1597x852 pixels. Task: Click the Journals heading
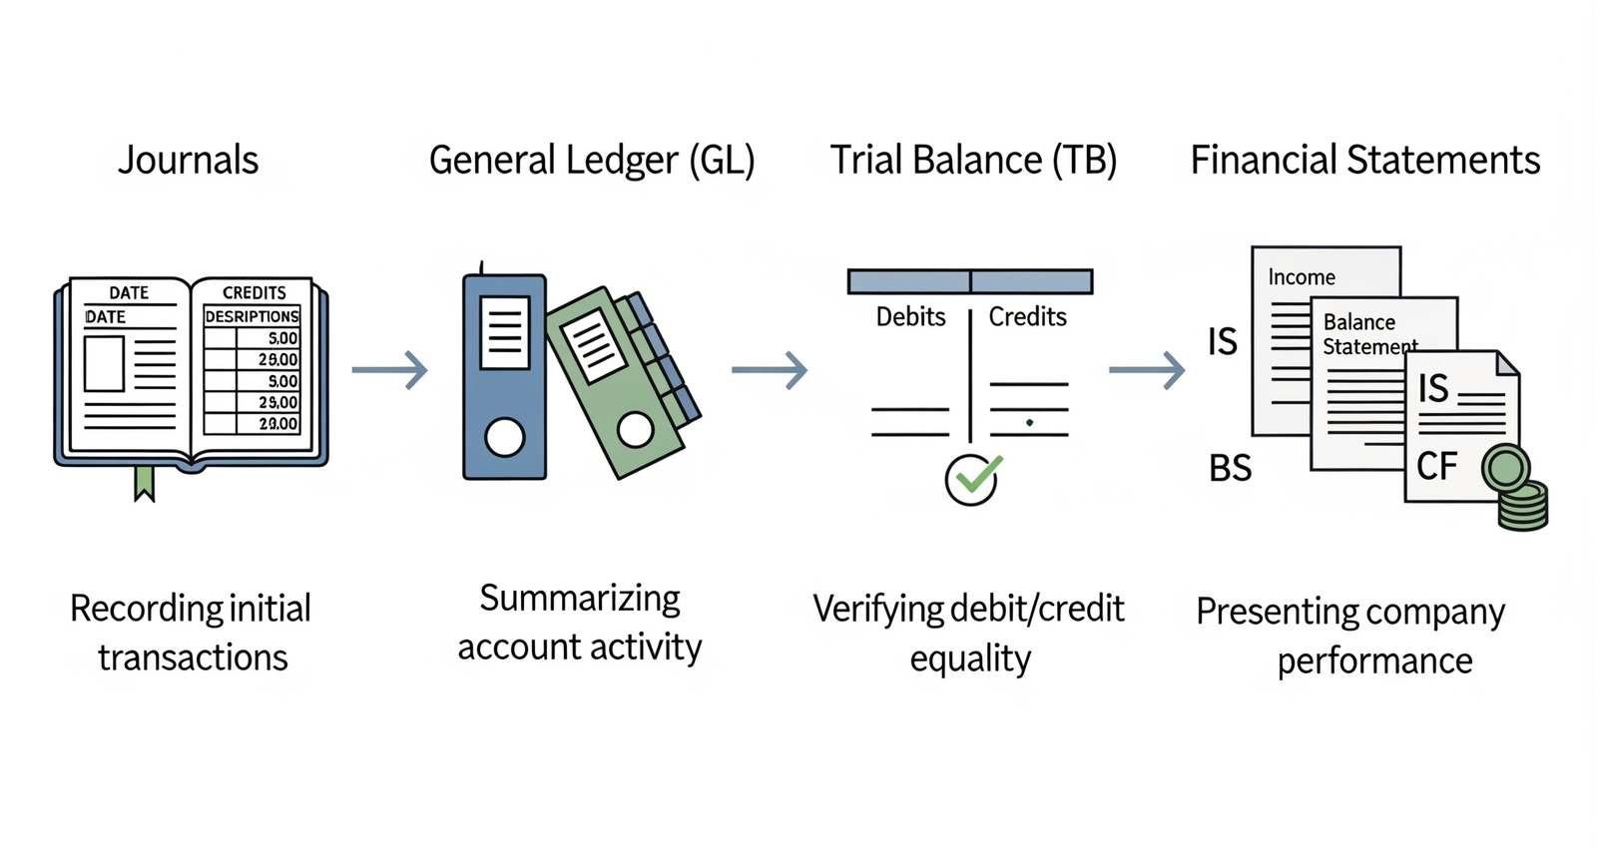tap(188, 160)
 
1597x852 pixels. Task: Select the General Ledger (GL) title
tap(591, 160)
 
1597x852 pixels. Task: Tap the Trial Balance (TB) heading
tap(973, 160)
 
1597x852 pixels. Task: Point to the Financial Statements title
tap(1364, 160)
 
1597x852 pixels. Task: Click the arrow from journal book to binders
tap(390, 370)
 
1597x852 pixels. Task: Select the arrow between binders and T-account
tap(770, 370)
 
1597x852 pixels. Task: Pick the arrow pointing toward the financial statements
tap(1147, 370)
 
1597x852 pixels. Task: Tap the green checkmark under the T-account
tap(972, 479)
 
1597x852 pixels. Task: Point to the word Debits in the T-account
tap(910, 317)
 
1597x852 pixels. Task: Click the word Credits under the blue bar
tap(1027, 317)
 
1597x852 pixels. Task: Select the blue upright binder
tap(504, 377)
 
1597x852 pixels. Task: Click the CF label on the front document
tap(1436, 466)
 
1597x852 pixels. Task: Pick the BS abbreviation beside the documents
tap(1230, 468)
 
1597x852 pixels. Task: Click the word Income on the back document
tap(1302, 277)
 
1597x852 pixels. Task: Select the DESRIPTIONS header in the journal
tap(252, 316)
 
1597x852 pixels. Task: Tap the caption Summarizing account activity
tap(579, 623)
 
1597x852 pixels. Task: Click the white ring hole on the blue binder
tap(504, 437)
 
